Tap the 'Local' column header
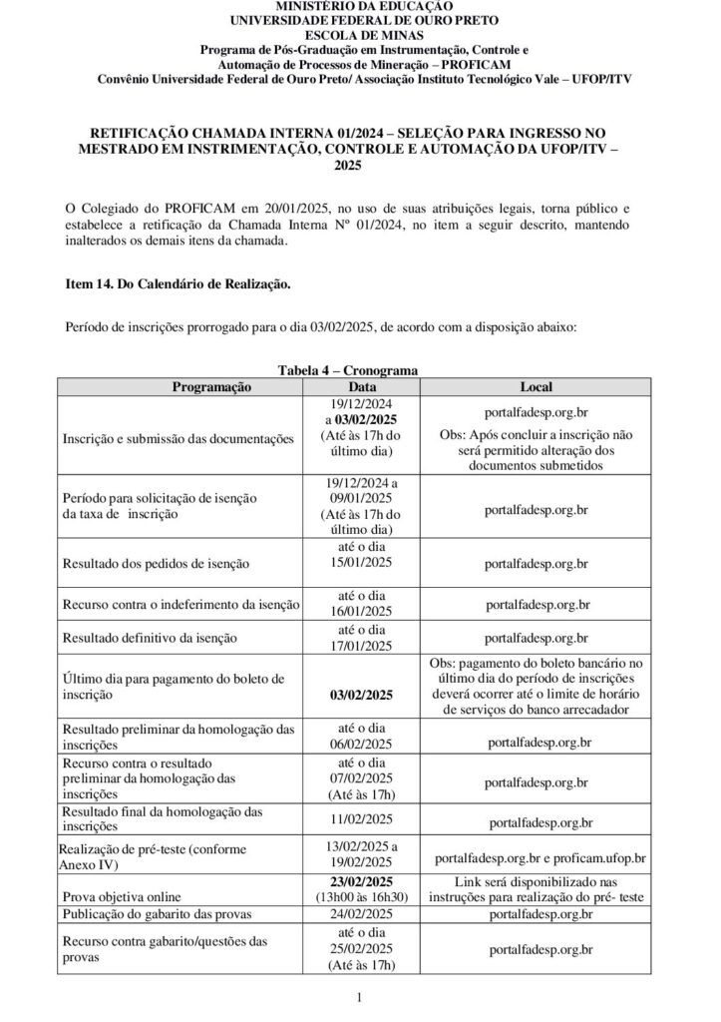(537, 386)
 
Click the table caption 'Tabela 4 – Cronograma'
(347, 370)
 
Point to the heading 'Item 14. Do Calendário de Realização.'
(178, 284)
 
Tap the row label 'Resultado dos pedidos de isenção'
(156, 564)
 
